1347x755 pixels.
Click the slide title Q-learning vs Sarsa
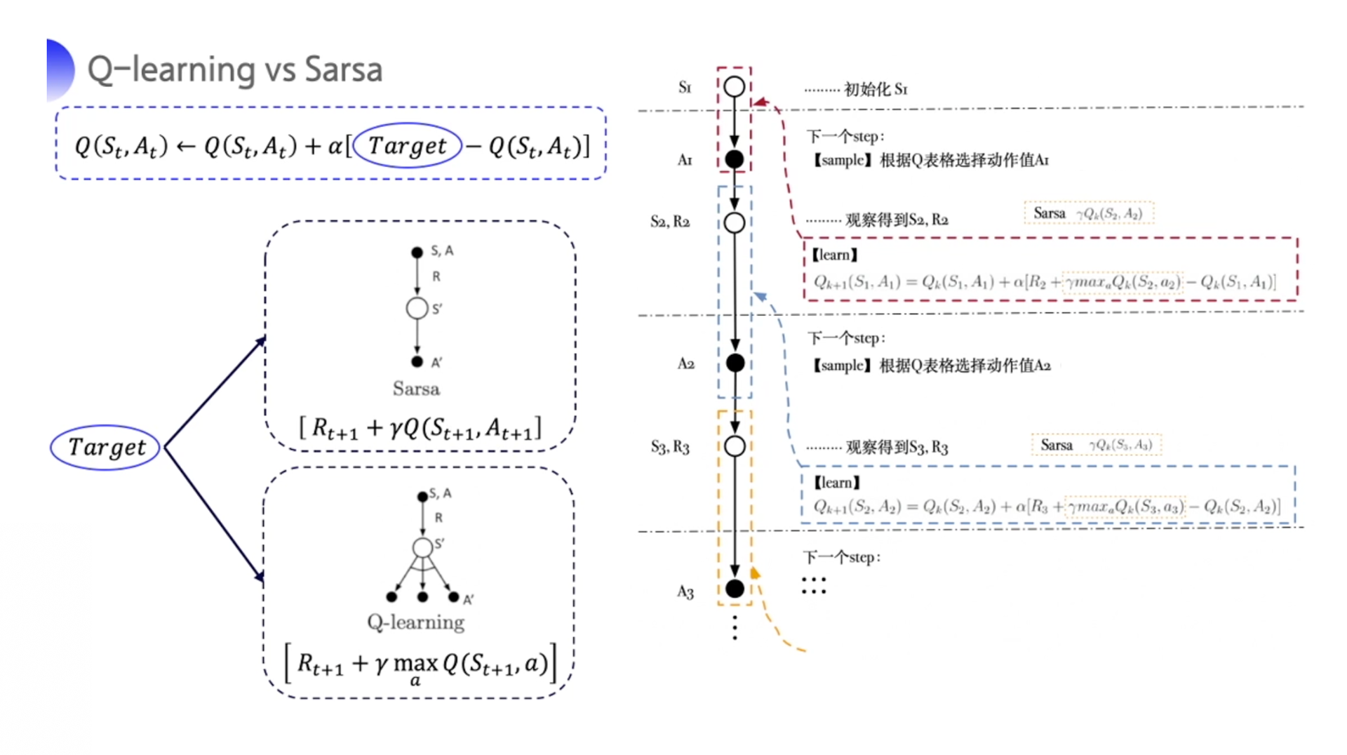234,69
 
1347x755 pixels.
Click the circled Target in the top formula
407,145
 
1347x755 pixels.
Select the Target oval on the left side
106,447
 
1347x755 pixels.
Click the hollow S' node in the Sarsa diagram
417,308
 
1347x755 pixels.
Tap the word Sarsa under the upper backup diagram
416,389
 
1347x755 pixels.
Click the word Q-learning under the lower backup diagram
416,622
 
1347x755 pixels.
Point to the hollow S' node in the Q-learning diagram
422,547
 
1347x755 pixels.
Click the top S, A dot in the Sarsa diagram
417,252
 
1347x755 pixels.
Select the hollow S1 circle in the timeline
735,87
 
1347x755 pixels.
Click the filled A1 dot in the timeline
735,159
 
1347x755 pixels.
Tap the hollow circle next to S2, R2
735,222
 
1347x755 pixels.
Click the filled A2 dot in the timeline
735,363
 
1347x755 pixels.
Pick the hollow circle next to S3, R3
735,446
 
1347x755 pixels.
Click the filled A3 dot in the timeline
735,589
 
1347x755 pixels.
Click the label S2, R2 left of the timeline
670,222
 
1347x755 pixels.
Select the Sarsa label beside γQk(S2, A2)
1050,213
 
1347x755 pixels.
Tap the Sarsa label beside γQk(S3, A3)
1057,445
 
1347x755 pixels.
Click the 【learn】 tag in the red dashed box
835,255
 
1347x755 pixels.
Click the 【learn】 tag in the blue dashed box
836,483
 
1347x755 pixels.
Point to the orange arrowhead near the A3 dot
755,573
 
